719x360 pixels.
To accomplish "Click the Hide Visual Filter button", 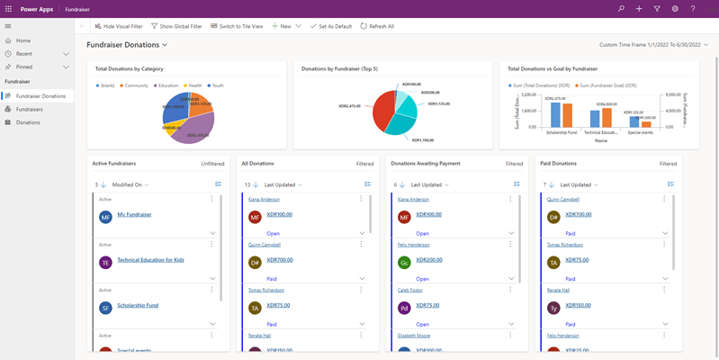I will point(119,26).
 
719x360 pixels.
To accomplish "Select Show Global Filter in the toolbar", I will point(176,26).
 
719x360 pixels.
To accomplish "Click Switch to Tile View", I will point(237,26).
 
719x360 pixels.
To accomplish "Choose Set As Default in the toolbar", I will point(330,26).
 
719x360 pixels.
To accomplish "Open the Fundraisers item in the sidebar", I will point(30,109).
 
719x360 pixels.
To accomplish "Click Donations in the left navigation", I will point(28,122).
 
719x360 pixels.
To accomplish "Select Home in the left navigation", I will point(22,40).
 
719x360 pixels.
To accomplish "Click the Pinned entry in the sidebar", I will point(24,67).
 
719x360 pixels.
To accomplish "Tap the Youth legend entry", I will point(216,85).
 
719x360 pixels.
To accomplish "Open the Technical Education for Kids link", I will point(150,260).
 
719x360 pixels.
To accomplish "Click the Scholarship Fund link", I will point(138,305).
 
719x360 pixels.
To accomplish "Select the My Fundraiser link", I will point(134,214).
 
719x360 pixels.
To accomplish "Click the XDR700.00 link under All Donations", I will point(279,259).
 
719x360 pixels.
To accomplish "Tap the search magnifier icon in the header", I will point(621,8).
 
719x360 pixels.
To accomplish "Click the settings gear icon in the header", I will point(675,8).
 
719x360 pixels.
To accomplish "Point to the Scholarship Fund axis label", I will point(561,132).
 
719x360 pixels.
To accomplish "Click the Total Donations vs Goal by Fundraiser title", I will point(553,68).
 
